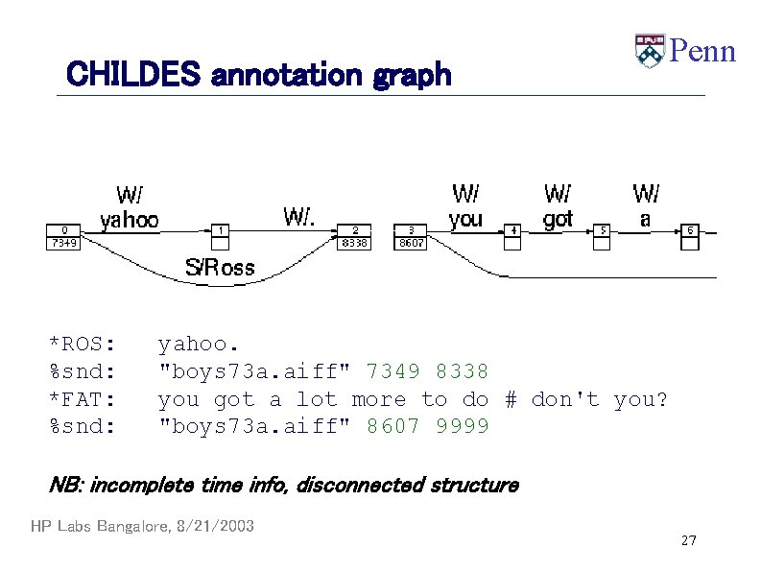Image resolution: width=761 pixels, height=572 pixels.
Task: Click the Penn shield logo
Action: point(650,51)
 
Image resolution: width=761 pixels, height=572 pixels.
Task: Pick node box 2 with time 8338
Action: point(354,237)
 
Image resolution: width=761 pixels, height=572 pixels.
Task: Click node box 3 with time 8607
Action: point(411,237)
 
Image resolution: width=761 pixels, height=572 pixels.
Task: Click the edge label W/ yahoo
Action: point(130,208)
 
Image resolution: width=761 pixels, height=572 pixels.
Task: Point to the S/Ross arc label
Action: point(220,268)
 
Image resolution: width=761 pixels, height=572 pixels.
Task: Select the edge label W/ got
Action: point(558,206)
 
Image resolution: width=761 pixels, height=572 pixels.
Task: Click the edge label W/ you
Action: point(465,206)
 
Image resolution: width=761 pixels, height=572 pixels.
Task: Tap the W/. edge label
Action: point(299,215)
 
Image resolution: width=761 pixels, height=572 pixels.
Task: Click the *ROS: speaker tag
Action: point(83,344)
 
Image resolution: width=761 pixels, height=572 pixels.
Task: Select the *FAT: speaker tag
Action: point(83,399)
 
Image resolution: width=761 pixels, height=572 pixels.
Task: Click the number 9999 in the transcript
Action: point(463,426)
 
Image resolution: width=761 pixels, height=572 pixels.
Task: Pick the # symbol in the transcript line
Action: point(511,399)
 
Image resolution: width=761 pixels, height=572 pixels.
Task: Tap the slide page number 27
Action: point(688,541)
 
